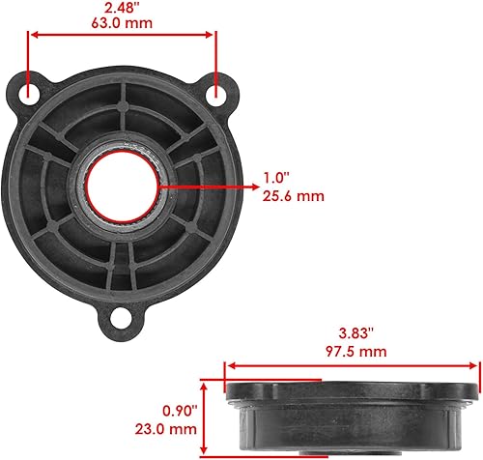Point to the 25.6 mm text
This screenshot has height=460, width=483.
pos(291,195)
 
